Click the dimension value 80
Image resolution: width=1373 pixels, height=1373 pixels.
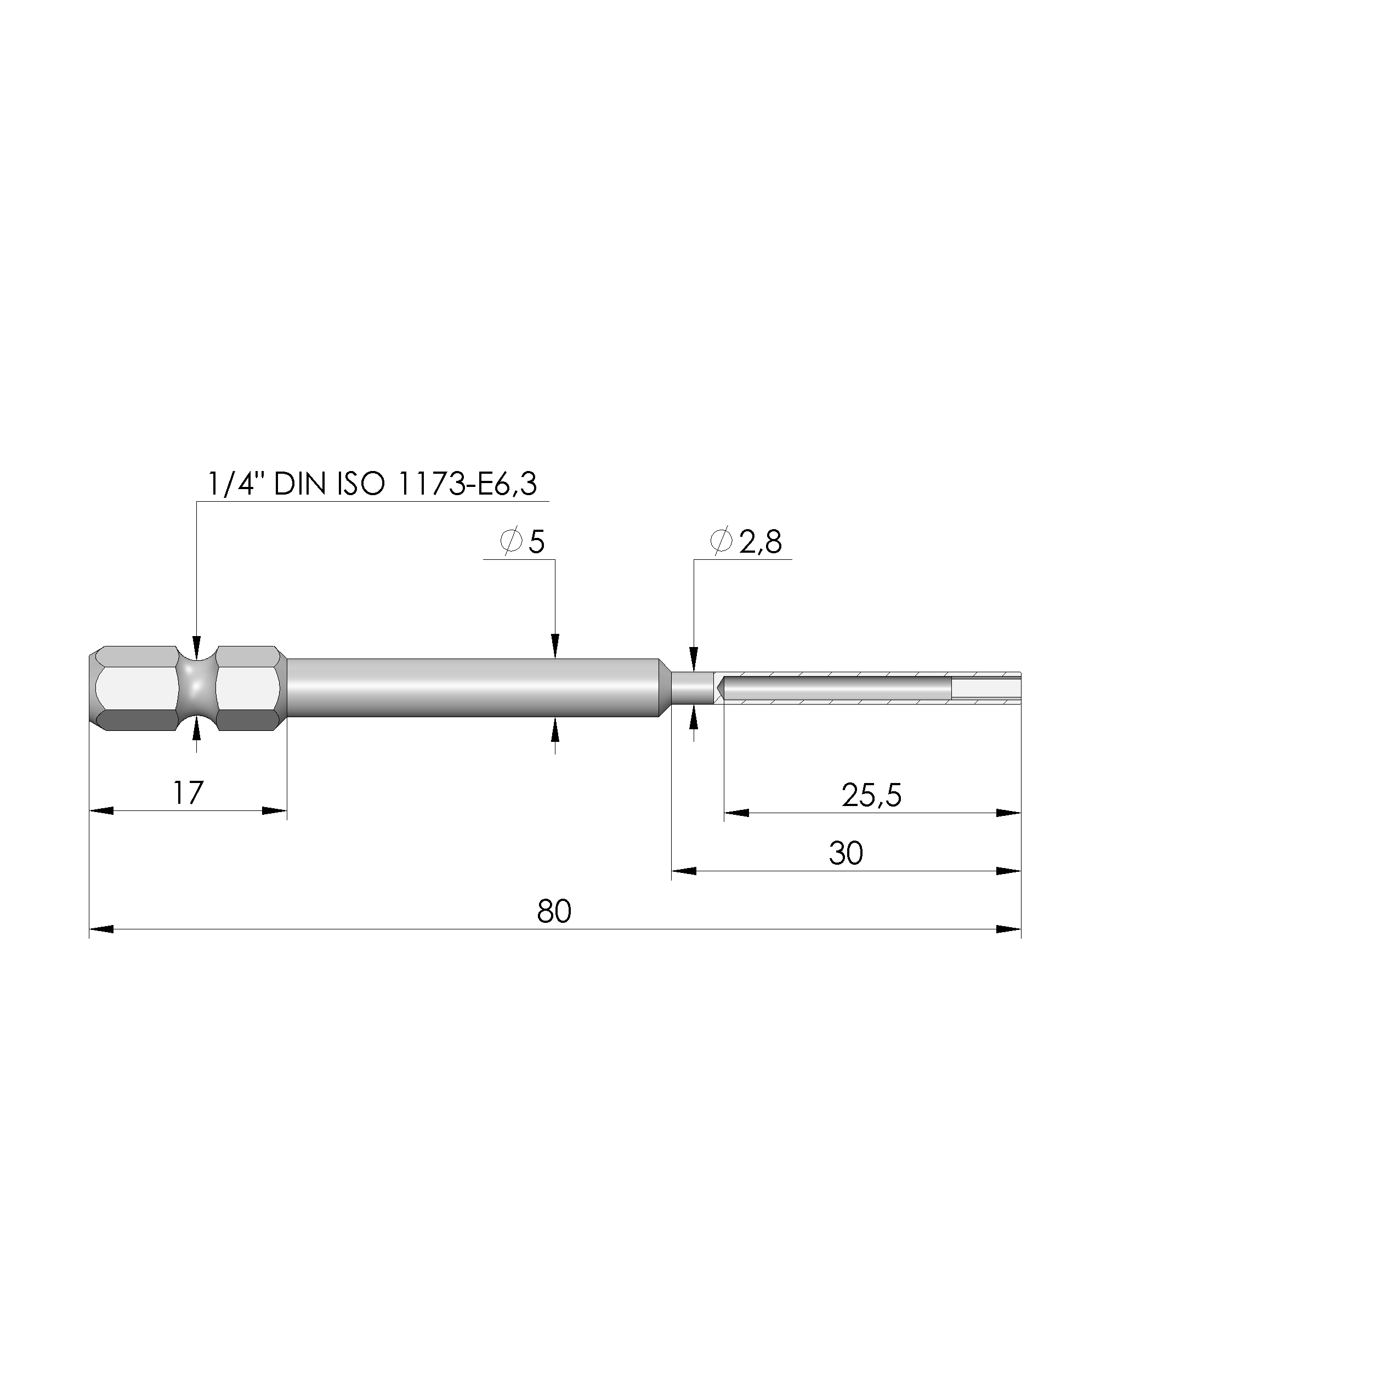554,911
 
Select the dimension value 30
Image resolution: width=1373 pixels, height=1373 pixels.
846,853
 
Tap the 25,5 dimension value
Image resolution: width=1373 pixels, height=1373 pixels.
871,795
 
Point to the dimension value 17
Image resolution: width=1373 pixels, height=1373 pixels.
188,792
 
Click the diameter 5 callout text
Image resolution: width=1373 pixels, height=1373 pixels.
523,542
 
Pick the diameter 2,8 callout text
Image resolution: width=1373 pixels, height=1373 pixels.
746,542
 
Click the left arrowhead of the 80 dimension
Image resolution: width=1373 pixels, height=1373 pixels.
101,929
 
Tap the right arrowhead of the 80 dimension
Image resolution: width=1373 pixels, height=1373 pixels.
1009,929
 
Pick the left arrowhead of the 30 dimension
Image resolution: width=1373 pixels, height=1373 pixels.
684,871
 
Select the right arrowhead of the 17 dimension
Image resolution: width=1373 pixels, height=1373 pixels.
275,811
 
